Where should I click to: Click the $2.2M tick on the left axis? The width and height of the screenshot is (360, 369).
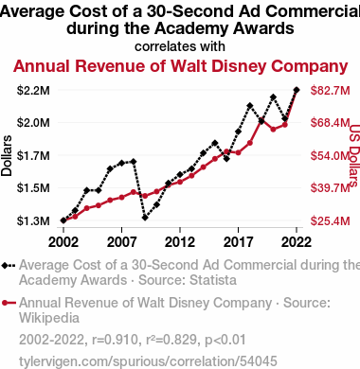[x=33, y=91]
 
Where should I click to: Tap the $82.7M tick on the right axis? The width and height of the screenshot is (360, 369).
[x=331, y=91]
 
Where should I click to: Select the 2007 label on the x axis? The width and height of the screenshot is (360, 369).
[x=121, y=242]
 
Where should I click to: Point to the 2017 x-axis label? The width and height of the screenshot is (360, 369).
[x=238, y=242]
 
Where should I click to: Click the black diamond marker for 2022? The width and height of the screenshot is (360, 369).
[x=297, y=90]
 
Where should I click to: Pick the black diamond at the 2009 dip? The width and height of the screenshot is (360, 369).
[x=145, y=218]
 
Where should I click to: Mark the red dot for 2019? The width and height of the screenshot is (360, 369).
[x=261, y=121]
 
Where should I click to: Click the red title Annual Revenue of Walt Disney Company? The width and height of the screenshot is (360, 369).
[x=180, y=66]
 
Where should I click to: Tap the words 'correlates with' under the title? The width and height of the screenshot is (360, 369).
[x=180, y=46]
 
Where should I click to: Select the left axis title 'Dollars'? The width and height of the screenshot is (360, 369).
[x=7, y=156]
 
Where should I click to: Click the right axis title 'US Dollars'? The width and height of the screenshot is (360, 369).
[x=355, y=156]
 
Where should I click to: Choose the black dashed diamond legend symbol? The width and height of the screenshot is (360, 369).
[x=9, y=266]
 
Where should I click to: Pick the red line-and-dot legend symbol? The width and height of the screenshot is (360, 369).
[x=9, y=304]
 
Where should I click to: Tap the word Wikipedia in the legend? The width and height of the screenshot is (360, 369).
[x=49, y=318]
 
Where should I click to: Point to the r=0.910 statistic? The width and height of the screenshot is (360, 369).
[x=115, y=340]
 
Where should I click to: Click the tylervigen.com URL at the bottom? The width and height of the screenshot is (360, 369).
[x=148, y=361]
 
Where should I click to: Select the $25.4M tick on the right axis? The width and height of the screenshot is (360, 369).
[x=331, y=220]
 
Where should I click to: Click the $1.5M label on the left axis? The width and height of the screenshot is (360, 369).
[x=33, y=188]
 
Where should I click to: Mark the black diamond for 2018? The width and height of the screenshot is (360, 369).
[x=250, y=106]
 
